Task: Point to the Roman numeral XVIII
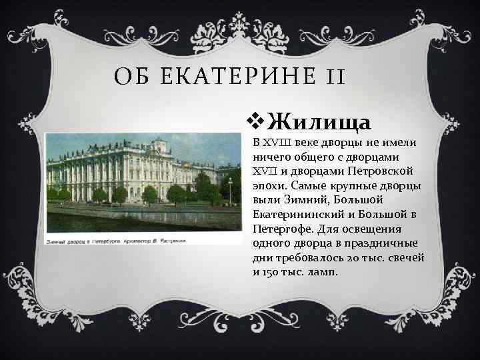273,143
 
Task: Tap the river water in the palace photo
133,217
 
